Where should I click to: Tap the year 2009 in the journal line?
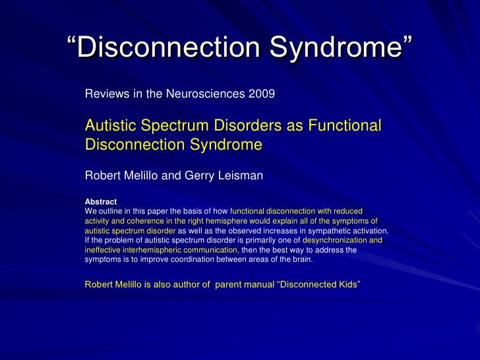262,94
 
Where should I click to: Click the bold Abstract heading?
101,202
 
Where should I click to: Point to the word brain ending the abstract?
301,259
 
